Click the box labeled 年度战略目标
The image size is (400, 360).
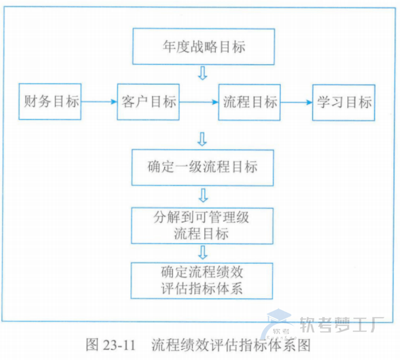(203, 47)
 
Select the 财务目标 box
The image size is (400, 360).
(50, 101)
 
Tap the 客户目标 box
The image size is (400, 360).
(148, 101)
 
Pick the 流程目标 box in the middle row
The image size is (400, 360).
(249, 101)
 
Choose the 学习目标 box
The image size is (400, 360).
(343, 102)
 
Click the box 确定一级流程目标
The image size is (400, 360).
(202, 167)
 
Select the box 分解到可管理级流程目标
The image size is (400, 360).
(202, 225)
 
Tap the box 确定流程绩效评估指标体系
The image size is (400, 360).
(202, 280)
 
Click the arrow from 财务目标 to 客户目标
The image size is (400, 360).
(99, 101)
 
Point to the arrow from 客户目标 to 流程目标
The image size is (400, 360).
(199, 101)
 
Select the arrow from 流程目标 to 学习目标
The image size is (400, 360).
(296, 102)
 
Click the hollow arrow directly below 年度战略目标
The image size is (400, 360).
(202, 73)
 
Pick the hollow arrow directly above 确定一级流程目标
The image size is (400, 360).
(202, 139)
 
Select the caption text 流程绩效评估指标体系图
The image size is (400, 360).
(231, 345)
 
